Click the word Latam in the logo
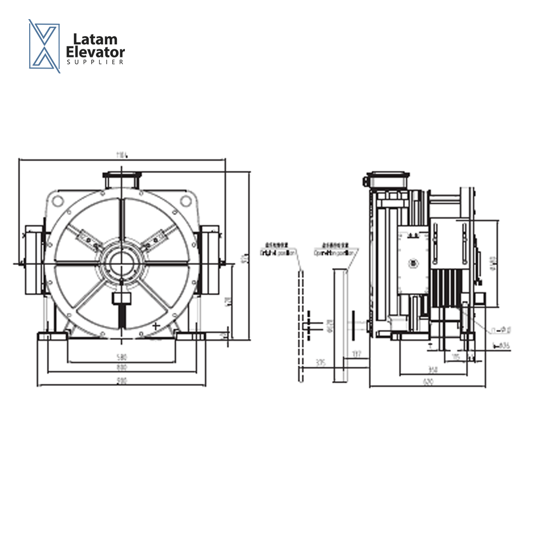click(95, 39)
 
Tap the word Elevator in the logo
click(96, 51)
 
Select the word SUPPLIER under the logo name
click(95, 62)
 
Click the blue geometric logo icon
click(44, 46)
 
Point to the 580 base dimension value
click(121, 357)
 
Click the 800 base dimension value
click(121, 368)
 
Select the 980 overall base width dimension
click(121, 381)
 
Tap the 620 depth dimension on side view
click(428, 382)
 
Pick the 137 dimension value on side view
click(357, 354)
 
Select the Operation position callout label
click(332, 252)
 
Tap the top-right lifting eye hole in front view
click(186, 200)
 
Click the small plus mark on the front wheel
click(156, 326)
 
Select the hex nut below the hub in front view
click(121, 299)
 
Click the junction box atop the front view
click(121, 179)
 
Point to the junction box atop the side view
click(388, 180)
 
